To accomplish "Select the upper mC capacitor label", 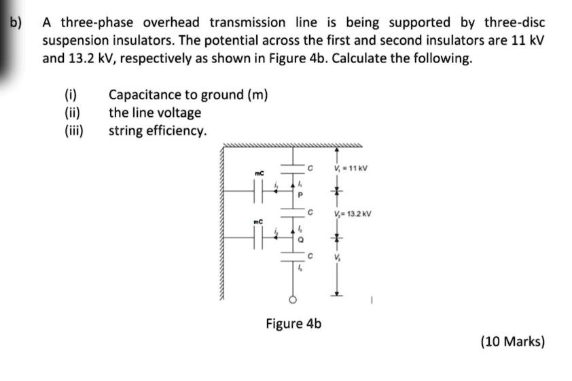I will coord(258,174).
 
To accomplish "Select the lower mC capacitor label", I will coord(258,221).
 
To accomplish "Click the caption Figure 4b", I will coord(293,323).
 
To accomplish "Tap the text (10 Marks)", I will coord(513,342).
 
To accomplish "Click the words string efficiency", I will coord(158,130).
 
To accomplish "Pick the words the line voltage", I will coord(155,112).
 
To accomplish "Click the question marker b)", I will coord(15,22).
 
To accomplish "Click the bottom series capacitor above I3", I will coord(295,257).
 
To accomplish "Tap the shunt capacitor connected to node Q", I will coord(257,238).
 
